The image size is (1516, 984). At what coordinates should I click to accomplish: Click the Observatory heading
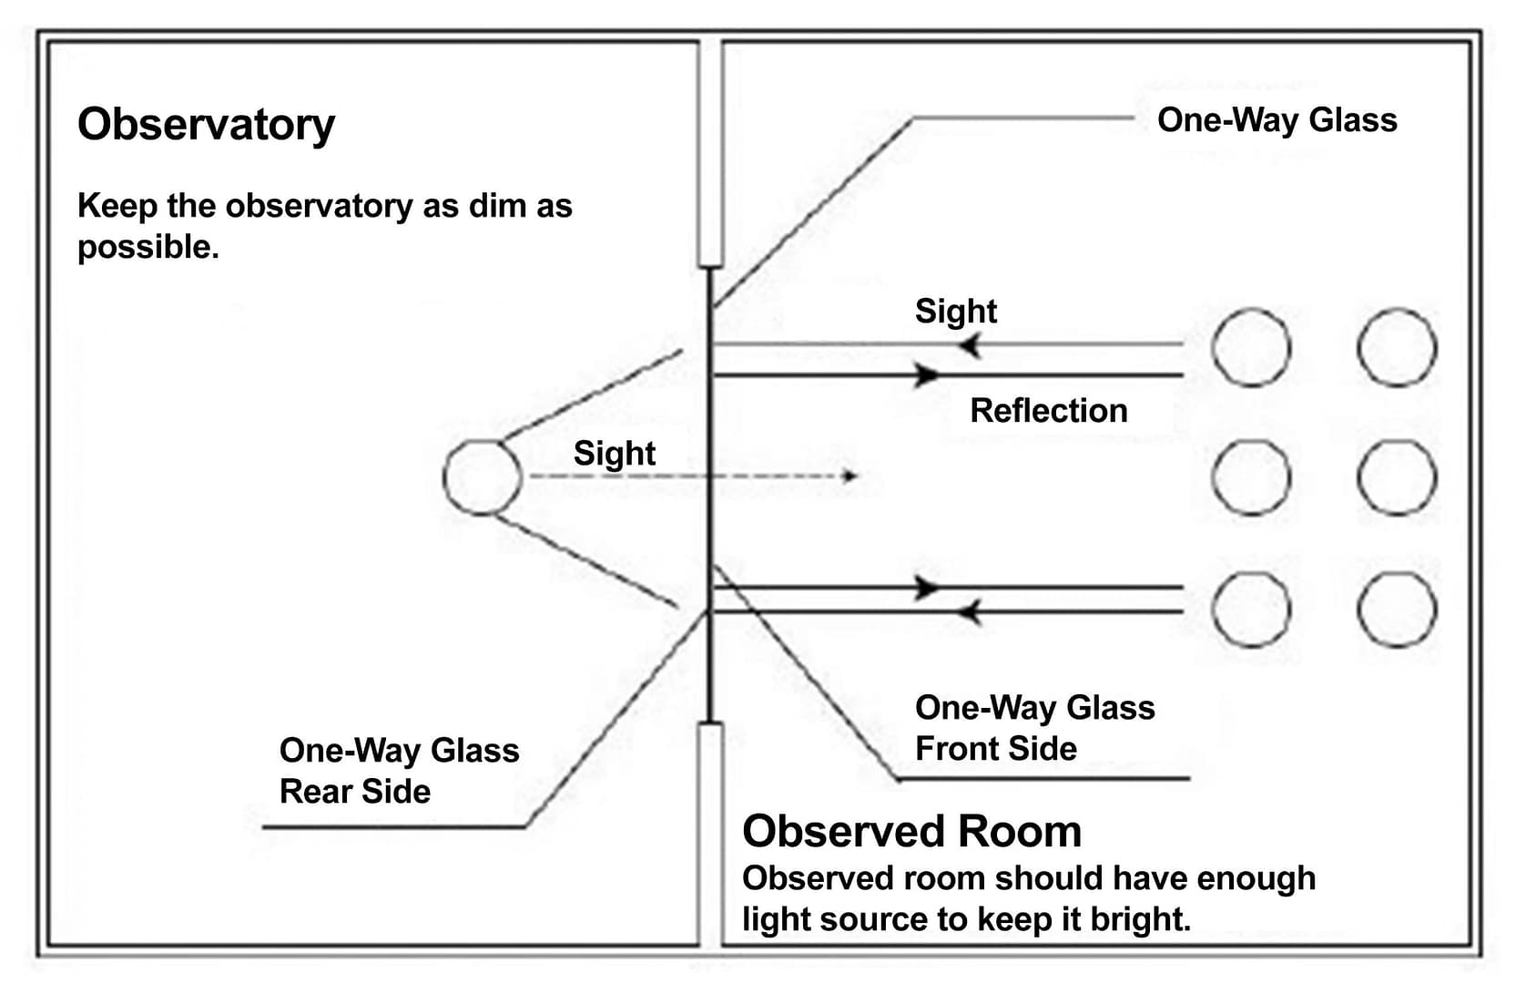206,125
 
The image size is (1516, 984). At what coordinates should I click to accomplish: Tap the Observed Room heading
911,831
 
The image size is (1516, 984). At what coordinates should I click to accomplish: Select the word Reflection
1048,411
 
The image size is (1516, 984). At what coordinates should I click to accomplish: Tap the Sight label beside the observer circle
614,454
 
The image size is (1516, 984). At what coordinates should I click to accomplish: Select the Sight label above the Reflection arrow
955,312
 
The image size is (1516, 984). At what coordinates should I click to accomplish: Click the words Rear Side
355,792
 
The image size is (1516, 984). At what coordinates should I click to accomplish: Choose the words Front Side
995,749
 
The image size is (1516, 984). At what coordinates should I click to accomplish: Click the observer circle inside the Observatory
483,477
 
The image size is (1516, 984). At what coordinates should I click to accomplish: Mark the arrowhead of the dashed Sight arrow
850,476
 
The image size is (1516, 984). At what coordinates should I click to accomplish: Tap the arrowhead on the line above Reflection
927,374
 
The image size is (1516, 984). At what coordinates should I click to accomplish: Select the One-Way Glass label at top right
1277,120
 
